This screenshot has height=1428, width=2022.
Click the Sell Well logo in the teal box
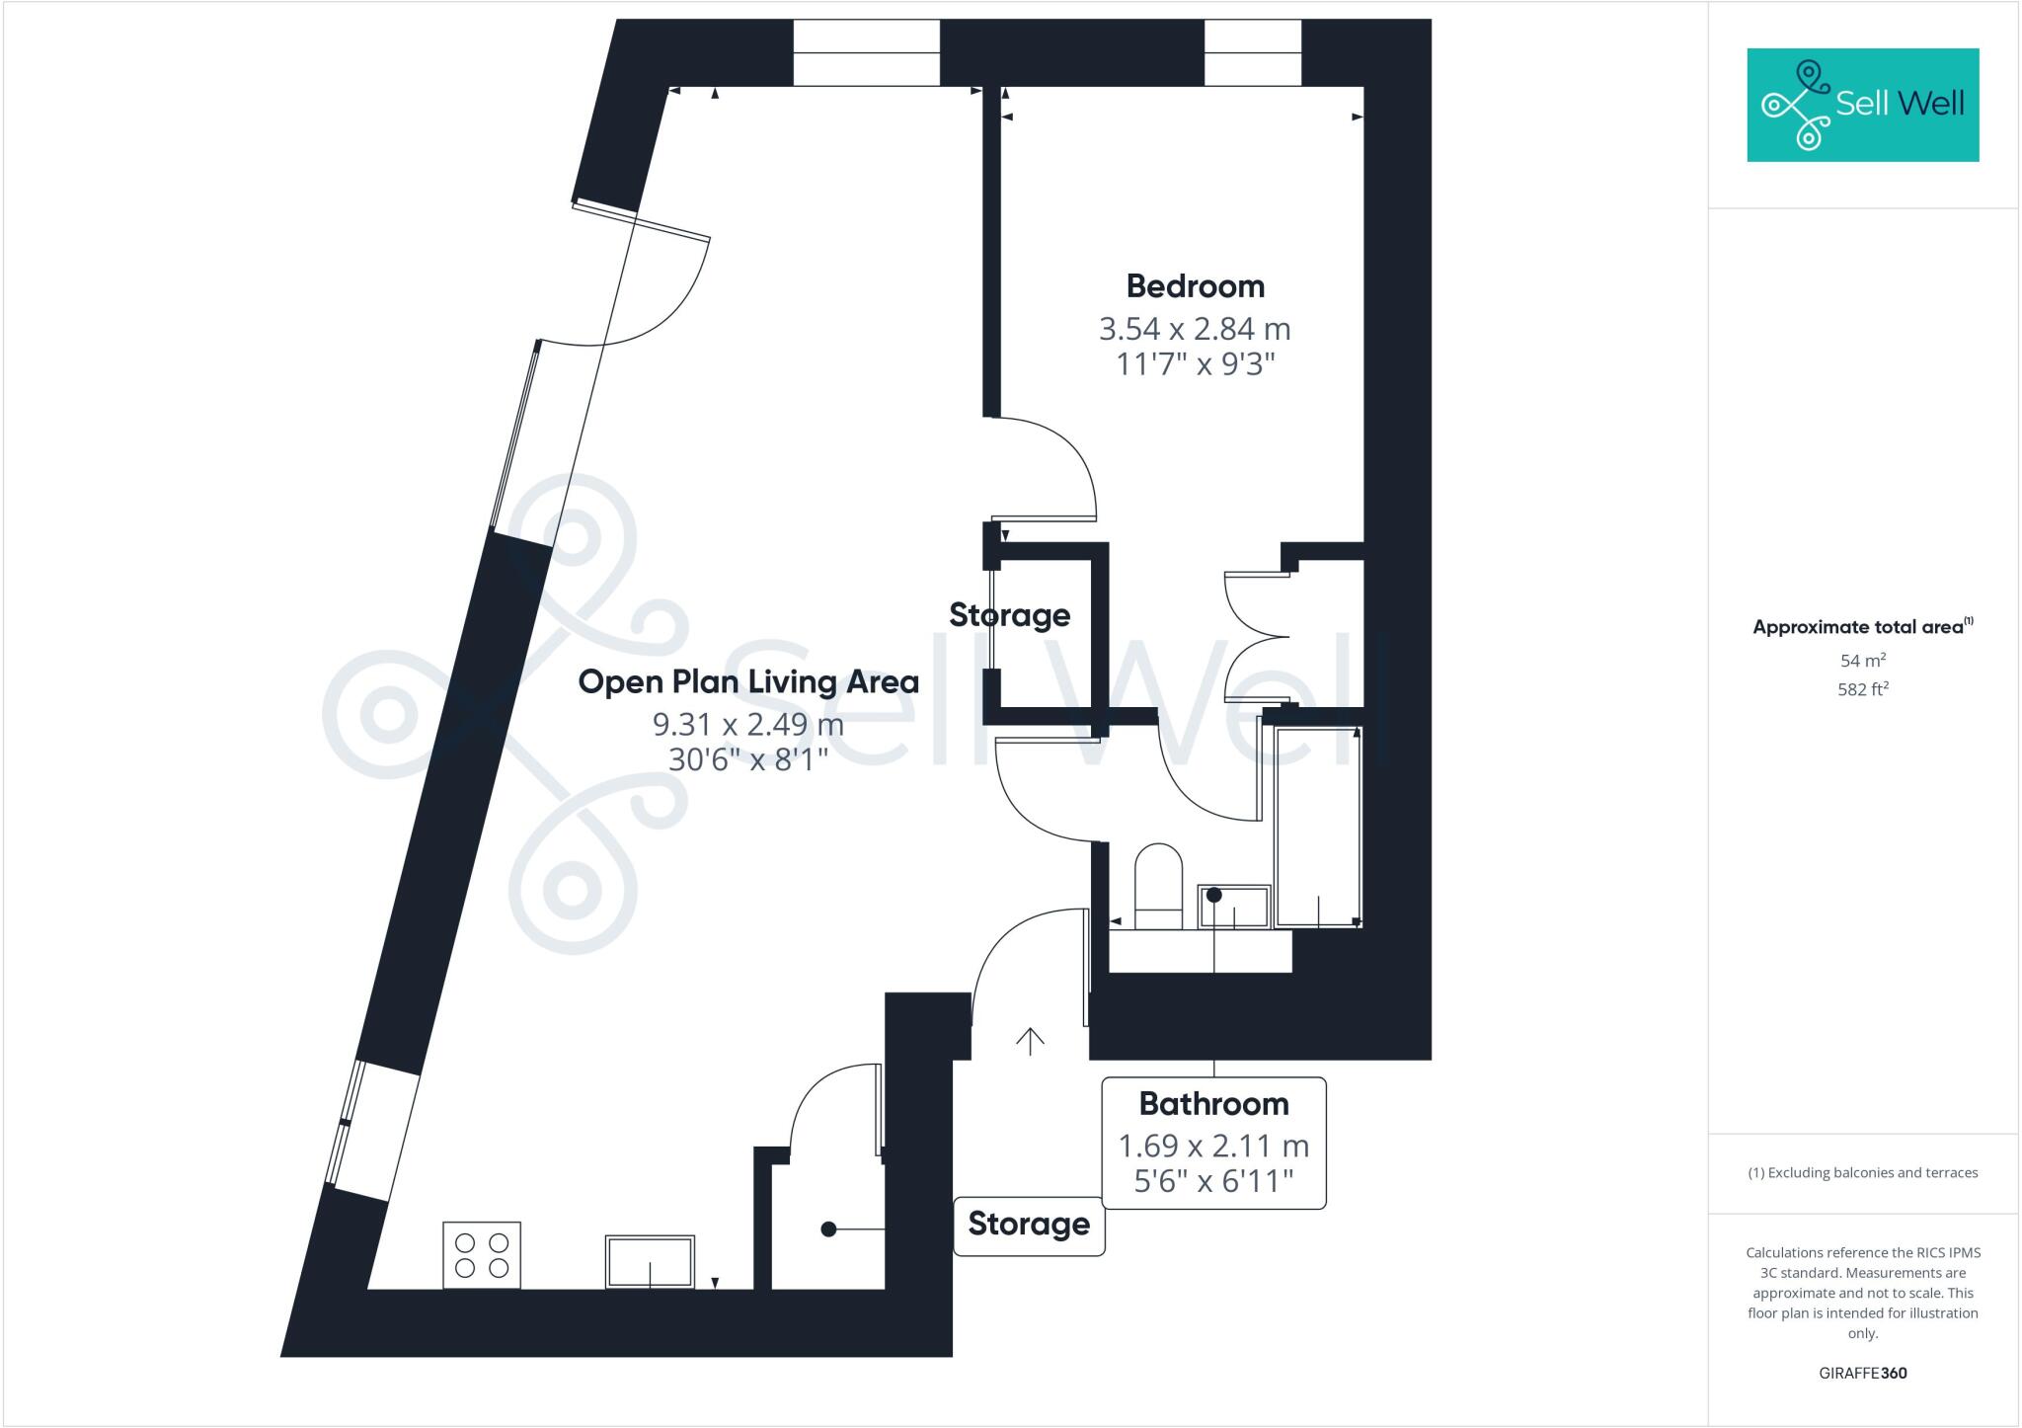[1862, 105]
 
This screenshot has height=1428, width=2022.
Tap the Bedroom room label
[1195, 286]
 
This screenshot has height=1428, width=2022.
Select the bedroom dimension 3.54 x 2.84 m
[1195, 329]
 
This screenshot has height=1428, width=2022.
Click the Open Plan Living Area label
[748, 681]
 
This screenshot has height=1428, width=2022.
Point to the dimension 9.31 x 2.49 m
[748, 725]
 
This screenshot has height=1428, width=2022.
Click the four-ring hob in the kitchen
[482, 1254]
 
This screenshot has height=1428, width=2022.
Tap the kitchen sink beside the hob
[650, 1261]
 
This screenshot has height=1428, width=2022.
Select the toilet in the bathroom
[1158, 886]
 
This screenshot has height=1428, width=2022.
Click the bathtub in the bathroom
[1318, 828]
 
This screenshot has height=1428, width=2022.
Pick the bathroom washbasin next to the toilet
[1234, 906]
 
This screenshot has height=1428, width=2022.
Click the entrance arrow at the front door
[1030, 1041]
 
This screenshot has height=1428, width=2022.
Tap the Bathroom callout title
[1213, 1103]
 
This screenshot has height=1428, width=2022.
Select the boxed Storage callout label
[1029, 1225]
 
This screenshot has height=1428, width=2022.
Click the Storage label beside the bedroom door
[1009, 615]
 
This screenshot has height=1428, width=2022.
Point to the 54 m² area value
[1862, 660]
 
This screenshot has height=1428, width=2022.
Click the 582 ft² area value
[1862, 689]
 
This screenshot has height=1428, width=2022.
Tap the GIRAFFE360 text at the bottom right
[1862, 1373]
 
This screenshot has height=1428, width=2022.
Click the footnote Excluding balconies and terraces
[1862, 1173]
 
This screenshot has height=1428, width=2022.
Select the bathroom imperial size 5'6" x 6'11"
[1213, 1181]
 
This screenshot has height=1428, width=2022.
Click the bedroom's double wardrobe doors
[1256, 637]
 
